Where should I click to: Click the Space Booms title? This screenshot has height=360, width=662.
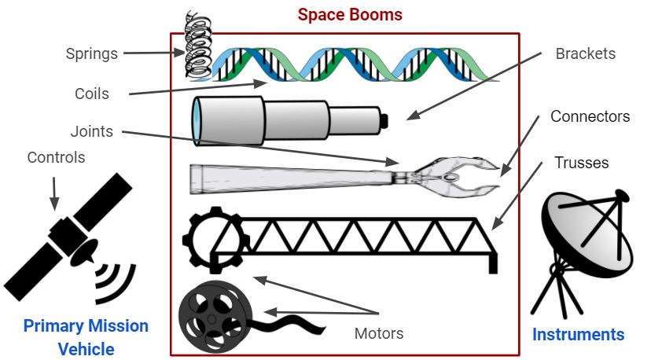[x=350, y=15]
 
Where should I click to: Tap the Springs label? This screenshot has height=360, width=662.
[x=91, y=54]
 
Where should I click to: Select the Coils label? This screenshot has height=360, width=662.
[x=91, y=94]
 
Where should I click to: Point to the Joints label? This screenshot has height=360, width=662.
[x=92, y=131]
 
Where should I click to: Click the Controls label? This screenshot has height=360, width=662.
[x=56, y=157]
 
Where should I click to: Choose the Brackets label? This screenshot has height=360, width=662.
[x=585, y=54]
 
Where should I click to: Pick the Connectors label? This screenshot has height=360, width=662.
[x=590, y=117]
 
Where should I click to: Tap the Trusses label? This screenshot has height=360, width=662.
[x=582, y=163]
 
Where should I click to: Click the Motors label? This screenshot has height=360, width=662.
[x=379, y=333]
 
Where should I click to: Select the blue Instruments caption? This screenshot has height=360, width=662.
[x=578, y=335]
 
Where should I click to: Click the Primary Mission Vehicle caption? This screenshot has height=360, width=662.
[x=86, y=337]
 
